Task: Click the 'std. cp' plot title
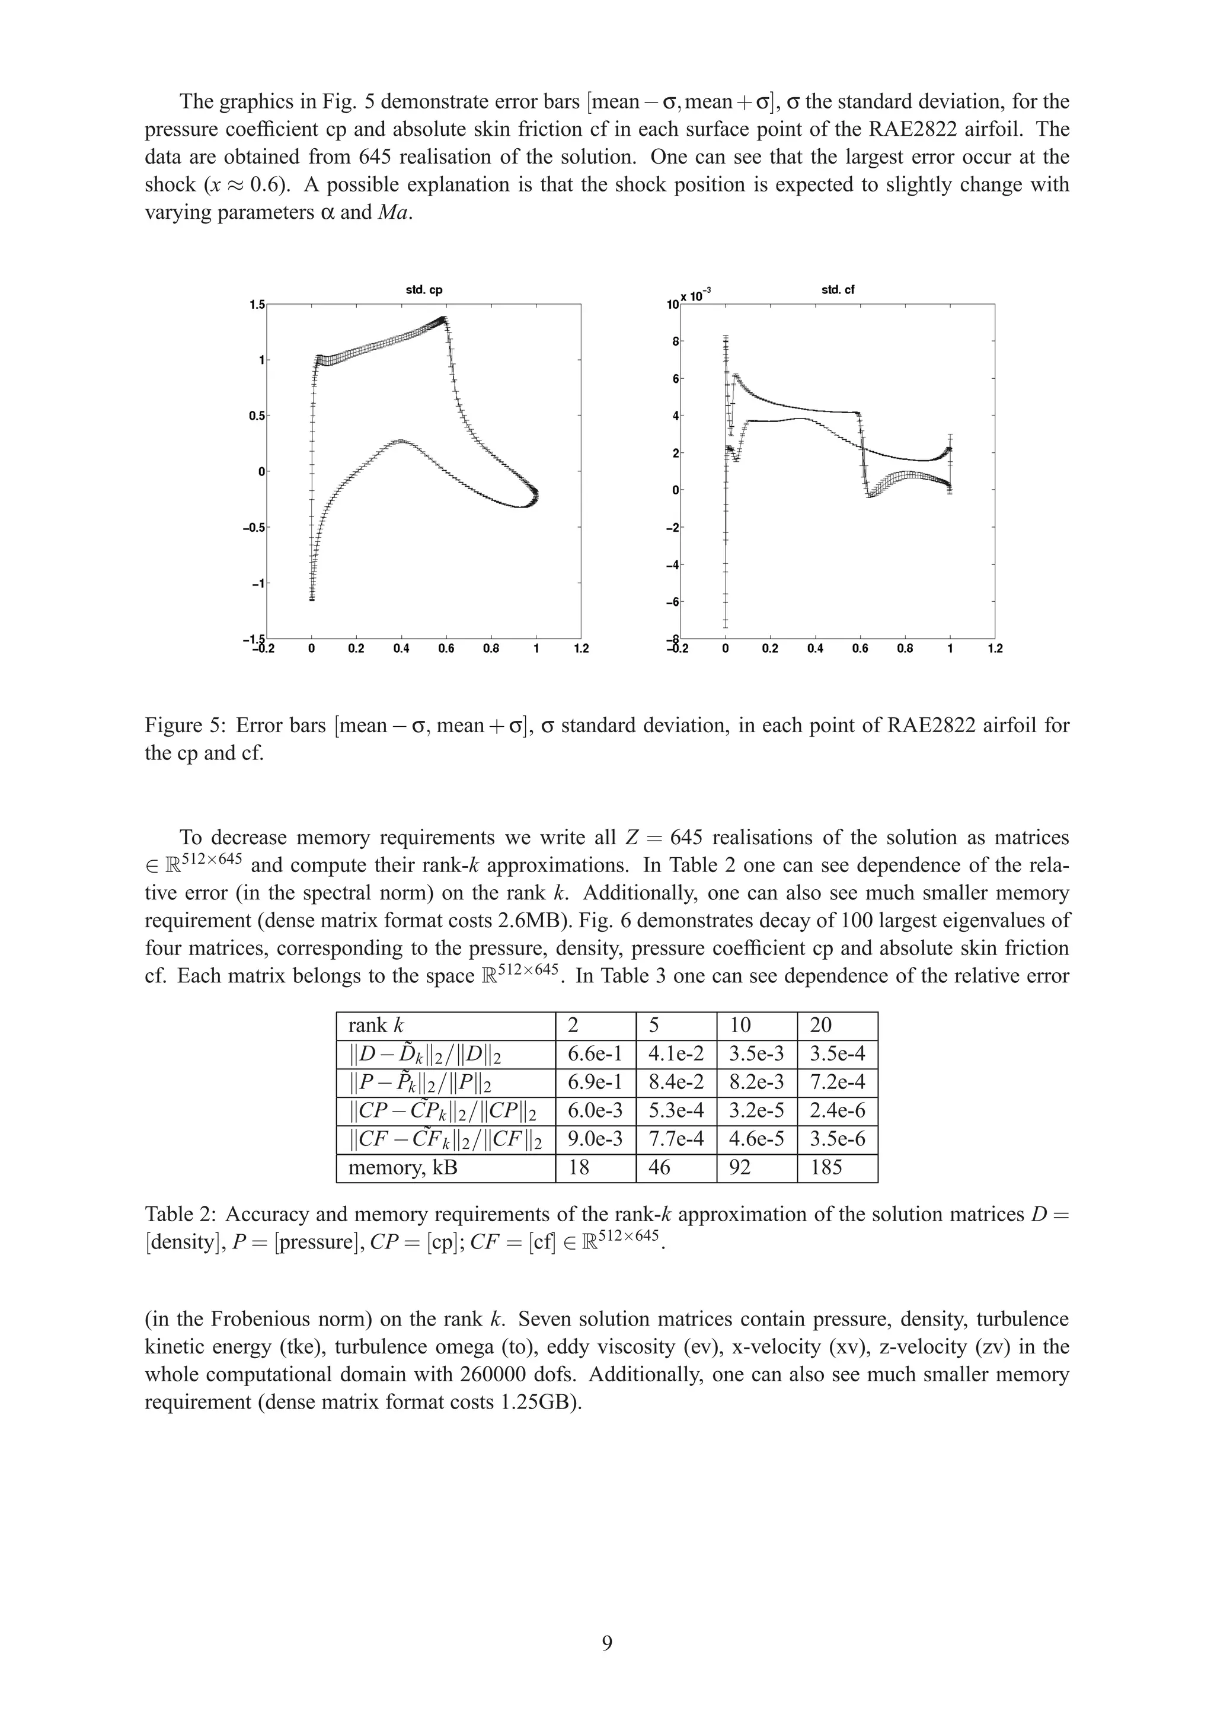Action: pos(423,290)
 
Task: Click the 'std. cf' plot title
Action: pos(837,290)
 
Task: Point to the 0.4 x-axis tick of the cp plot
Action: pos(401,649)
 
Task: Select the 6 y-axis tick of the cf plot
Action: pos(675,379)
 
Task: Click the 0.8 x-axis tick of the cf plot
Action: pos(905,649)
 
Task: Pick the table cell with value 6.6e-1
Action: pos(595,1054)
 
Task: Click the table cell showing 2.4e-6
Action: pos(837,1111)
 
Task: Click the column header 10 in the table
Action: pos(740,1026)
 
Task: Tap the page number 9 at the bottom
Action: pos(606,1643)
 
